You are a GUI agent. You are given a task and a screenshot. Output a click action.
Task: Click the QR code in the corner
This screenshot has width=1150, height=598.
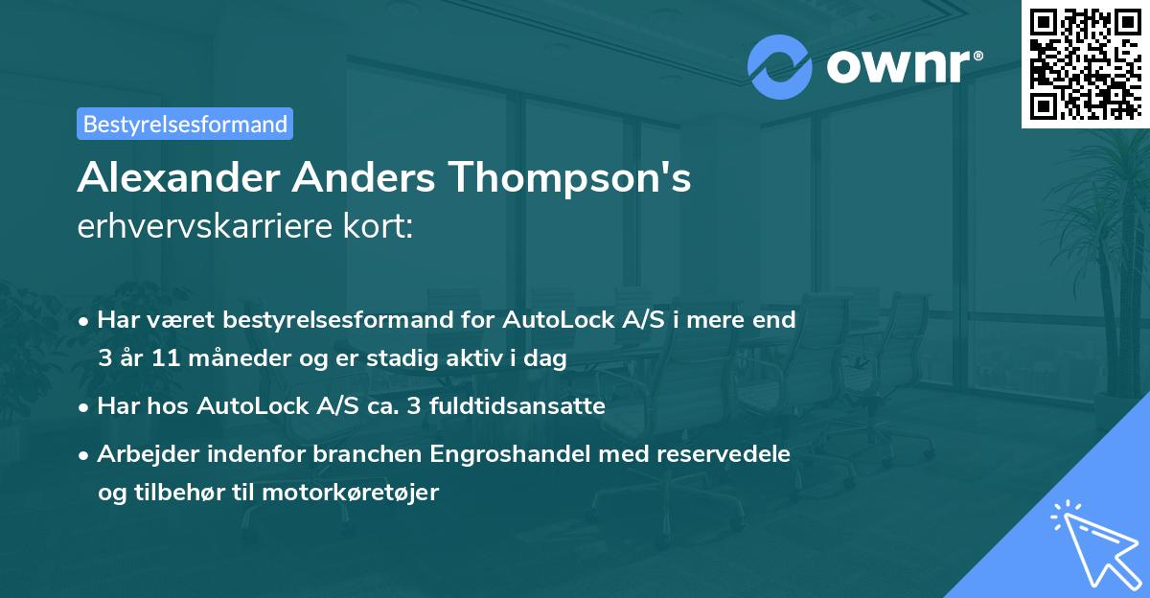(x=1085, y=64)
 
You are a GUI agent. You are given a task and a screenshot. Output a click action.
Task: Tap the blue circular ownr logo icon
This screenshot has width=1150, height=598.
(x=779, y=66)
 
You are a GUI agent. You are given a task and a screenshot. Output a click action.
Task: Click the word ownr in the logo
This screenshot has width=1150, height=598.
(x=898, y=66)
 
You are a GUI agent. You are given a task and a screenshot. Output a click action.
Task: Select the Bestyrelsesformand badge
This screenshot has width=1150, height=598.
(x=185, y=124)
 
